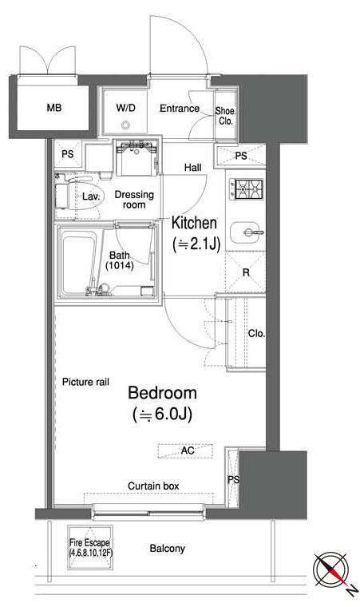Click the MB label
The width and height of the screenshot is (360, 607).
(x=54, y=108)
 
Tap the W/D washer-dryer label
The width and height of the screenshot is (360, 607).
(x=126, y=108)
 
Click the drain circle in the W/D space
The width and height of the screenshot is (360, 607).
(x=125, y=125)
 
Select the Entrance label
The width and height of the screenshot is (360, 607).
(x=180, y=109)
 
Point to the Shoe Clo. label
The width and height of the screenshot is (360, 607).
(x=225, y=116)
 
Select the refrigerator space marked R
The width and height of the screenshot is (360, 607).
(x=246, y=272)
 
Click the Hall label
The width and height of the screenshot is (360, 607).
(x=193, y=168)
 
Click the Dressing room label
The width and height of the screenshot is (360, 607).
(x=134, y=200)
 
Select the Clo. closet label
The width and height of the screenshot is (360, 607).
(x=256, y=333)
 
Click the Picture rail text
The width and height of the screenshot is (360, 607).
(x=85, y=382)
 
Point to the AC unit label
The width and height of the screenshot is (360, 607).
(x=188, y=450)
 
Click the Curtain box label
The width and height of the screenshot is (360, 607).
(x=153, y=486)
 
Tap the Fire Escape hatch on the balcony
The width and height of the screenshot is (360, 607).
(x=90, y=547)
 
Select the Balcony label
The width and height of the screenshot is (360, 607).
(x=167, y=549)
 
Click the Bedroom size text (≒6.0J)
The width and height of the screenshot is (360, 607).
(x=162, y=415)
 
